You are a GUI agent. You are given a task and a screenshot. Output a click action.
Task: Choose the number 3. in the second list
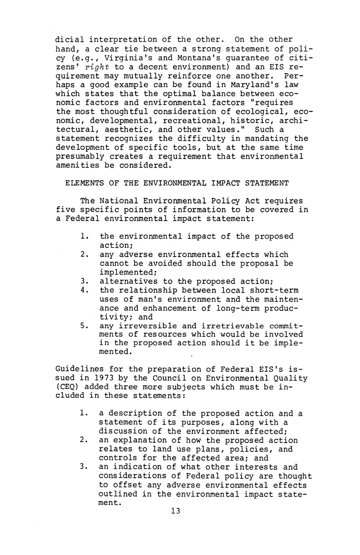click(84, 467)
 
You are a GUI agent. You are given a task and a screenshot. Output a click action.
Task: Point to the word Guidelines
click(76, 370)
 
